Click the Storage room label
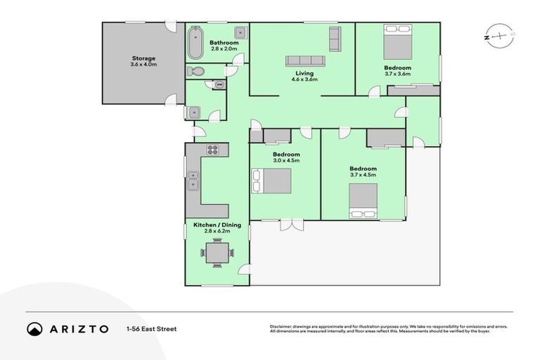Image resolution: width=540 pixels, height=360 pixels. pyautogui.click(x=143, y=58)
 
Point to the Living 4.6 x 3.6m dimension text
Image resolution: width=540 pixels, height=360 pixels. pyautogui.click(x=304, y=79)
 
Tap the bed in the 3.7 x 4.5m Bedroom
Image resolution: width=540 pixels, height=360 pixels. pyautogui.click(x=363, y=200)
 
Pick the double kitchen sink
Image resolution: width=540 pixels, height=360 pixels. pyautogui.click(x=193, y=185)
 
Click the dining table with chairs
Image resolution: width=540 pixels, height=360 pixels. pyautogui.click(x=217, y=252)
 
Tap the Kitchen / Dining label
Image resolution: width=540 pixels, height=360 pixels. pyautogui.click(x=217, y=225)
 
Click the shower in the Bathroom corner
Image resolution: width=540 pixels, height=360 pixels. pyautogui.click(x=240, y=32)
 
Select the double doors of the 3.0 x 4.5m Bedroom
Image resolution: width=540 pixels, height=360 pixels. pyautogui.click(x=291, y=224)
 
